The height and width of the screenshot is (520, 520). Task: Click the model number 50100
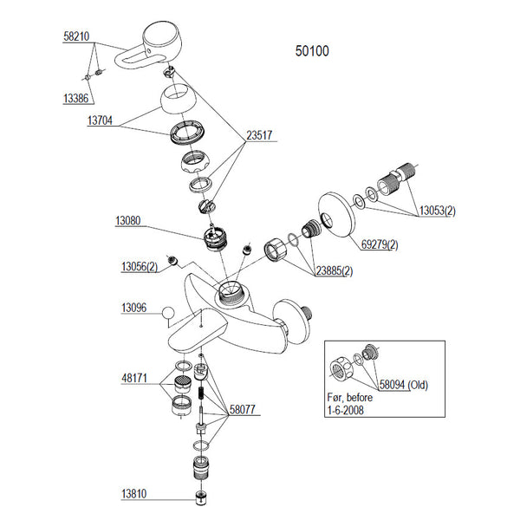click(312, 51)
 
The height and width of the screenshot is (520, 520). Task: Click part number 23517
click(261, 135)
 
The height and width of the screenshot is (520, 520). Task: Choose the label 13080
click(129, 222)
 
